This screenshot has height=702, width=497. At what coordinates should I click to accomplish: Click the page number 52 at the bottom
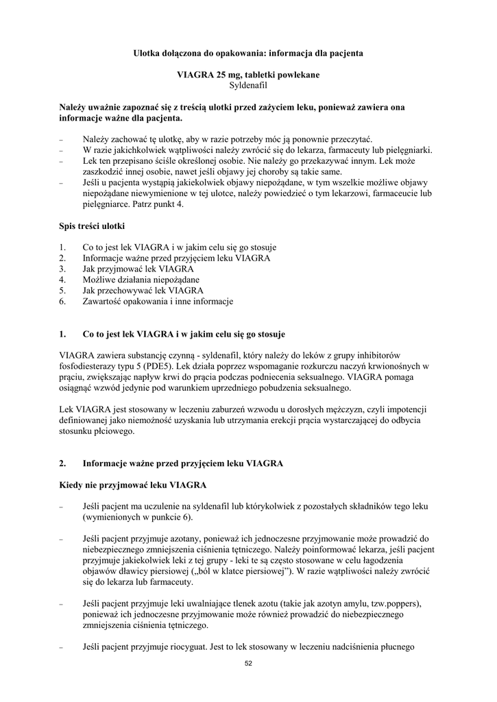[248, 663]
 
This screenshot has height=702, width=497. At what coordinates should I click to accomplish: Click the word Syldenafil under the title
[248, 86]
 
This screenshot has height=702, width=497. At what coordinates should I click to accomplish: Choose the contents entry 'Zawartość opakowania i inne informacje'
[158, 302]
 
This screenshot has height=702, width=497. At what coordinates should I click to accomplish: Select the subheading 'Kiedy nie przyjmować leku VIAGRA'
[133, 485]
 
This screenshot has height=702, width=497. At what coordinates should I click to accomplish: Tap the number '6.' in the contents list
[63, 302]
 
